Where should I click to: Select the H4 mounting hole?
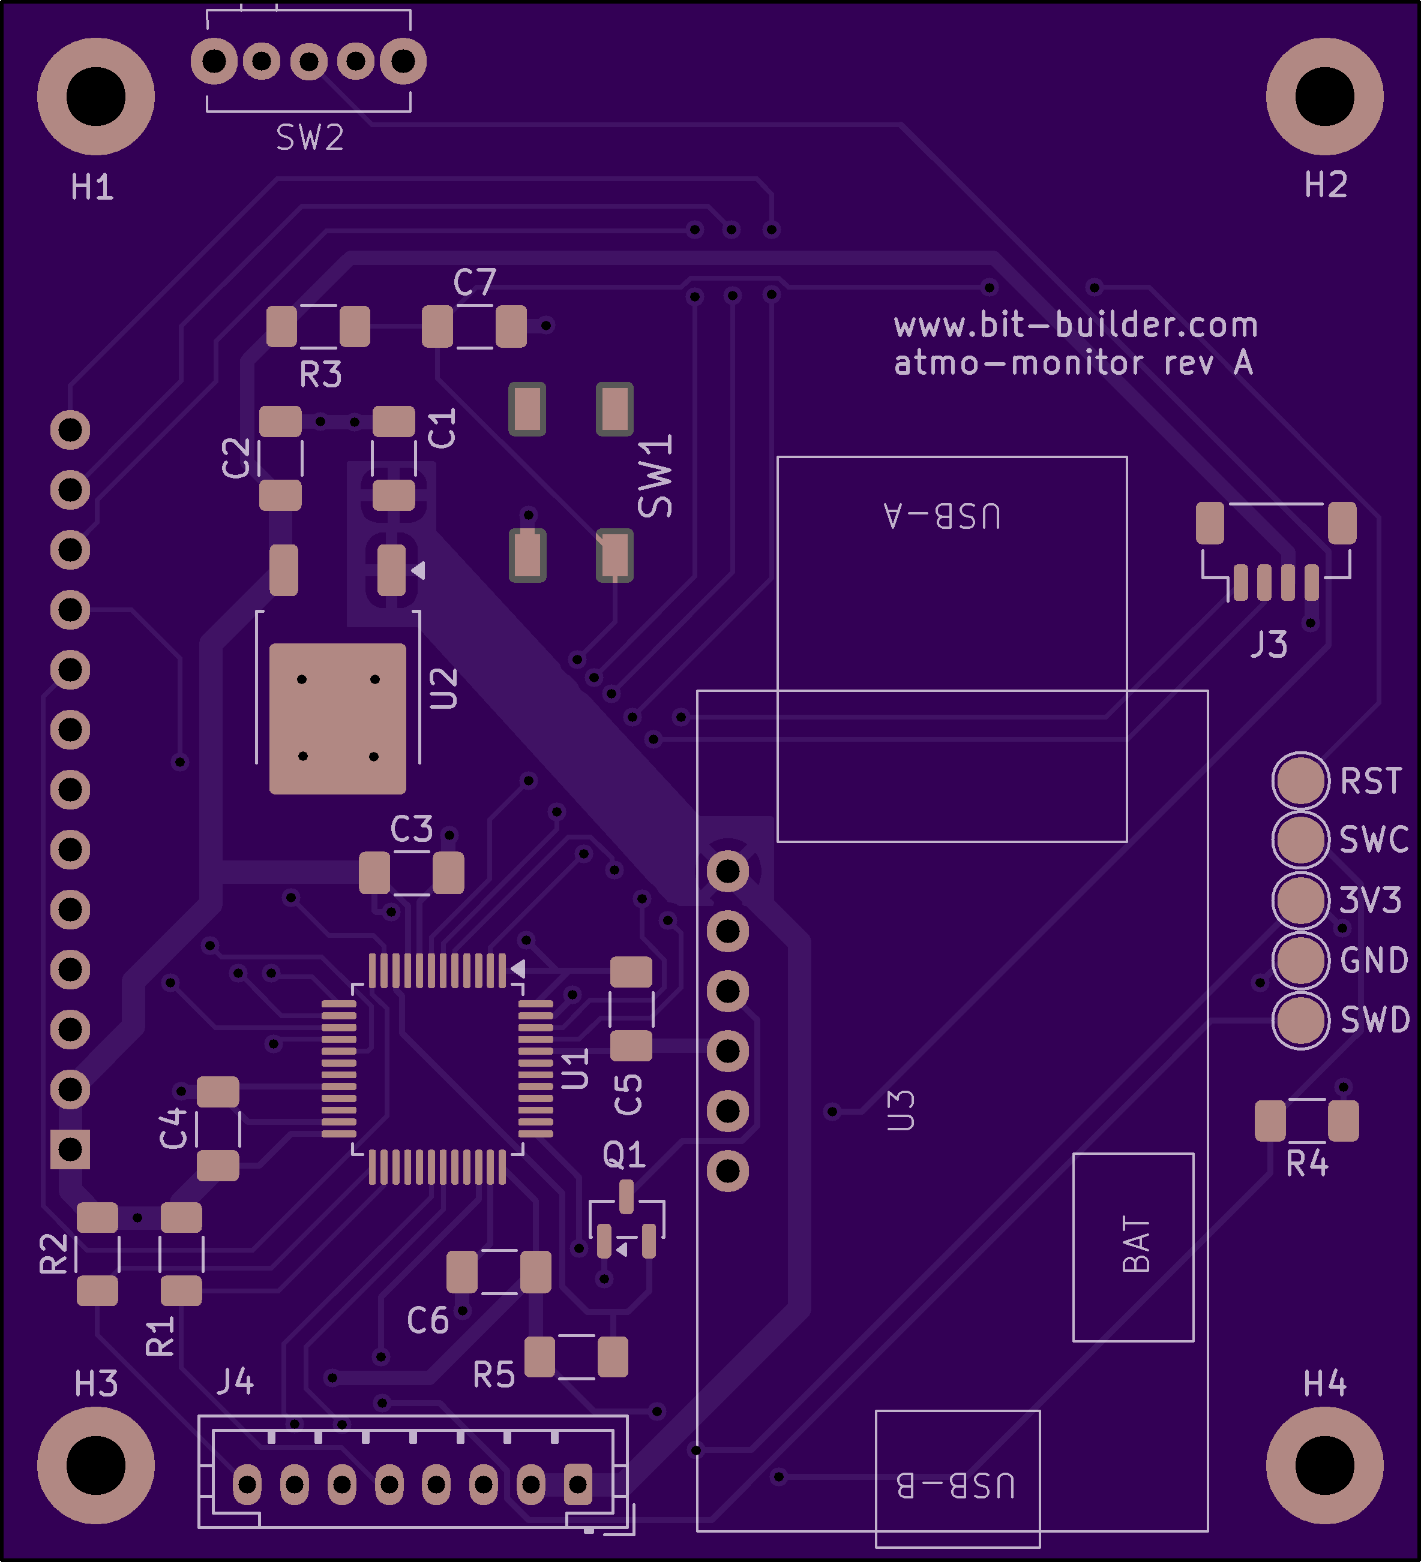[x=1324, y=1465]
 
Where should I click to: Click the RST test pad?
[x=1300, y=780]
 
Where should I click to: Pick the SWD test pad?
[x=1300, y=1021]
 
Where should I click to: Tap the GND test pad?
[x=1300, y=961]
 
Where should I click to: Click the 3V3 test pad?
[x=1300, y=900]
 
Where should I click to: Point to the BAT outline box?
[x=1132, y=1247]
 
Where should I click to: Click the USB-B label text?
[x=956, y=1485]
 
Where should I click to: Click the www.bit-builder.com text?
[x=1075, y=326]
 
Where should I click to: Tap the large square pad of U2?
[x=337, y=718]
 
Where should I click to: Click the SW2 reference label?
[x=309, y=138]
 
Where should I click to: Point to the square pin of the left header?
[x=70, y=1149]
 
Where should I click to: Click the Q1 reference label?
[x=623, y=1155]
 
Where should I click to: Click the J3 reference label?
[x=1269, y=645]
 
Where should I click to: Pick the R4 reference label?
[x=1307, y=1164]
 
